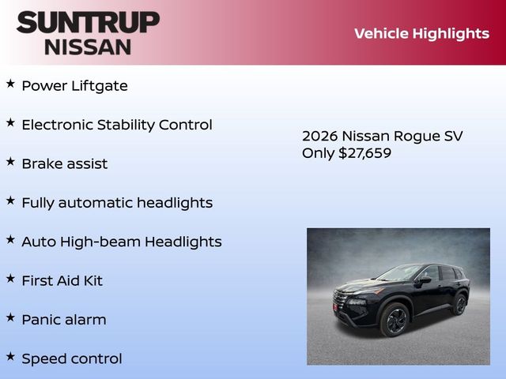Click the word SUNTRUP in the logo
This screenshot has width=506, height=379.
click(x=88, y=22)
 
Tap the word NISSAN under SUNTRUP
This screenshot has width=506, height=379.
click(x=88, y=46)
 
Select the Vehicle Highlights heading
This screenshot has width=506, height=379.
click(x=421, y=33)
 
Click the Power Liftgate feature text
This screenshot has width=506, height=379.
click(x=74, y=86)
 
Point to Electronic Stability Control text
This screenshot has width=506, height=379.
click(x=117, y=125)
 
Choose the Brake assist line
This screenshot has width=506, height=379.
click(x=65, y=163)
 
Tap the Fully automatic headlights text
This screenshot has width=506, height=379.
click(x=117, y=203)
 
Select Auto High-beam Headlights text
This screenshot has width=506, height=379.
click(x=122, y=242)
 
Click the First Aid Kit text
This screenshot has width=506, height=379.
click(x=62, y=280)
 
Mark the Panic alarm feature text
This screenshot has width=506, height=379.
click(x=64, y=320)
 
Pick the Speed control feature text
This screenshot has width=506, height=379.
click(x=72, y=358)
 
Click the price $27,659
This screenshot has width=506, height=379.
click(x=364, y=153)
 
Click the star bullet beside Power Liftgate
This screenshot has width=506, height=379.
click(x=10, y=83)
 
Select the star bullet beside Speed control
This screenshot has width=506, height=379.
click(x=10, y=356)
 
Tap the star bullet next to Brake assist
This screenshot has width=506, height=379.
click(x=10, y=161)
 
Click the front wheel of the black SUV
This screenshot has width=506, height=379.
click(x=395, y=320)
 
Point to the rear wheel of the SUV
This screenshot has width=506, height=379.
click(x=459, y=304)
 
